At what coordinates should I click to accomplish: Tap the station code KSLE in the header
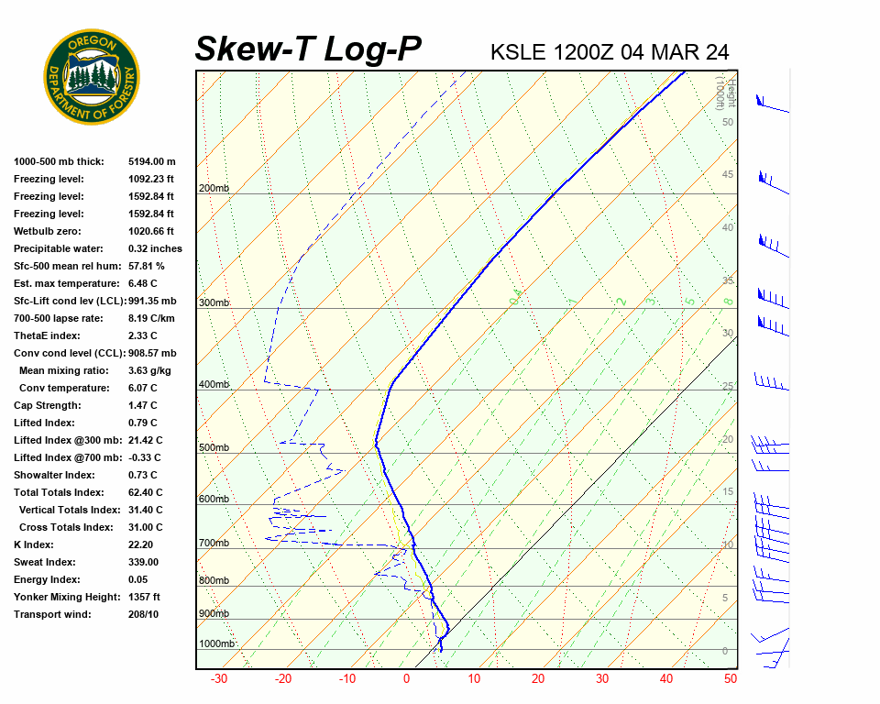pyautogui.click(x=519, y=51)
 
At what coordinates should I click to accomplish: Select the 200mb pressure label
pyautogui.click(x=213, y=189)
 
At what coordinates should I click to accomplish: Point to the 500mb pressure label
pyautogui.click(x=213, y=447)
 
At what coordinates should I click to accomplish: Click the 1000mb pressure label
pyautogui.click(x=216, y=643)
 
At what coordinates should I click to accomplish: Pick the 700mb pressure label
pyautogui.click(x=213, y=544)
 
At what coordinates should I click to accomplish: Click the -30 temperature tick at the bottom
pyautogui.click(x=219, y=679)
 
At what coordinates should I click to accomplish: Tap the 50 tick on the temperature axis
pyautogui.click(x=730, y=679)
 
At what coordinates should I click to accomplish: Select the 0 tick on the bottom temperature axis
pyautogui.click(x=407, y=679)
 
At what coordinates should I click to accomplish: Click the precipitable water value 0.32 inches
pyautogui.click(x=155, y=248)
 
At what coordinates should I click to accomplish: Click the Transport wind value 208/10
pyautogui.click(x=144, y=614)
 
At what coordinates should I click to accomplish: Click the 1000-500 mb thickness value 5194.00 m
pyautogui.click(x=152, y=161)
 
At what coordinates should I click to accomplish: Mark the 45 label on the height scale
pyautogui.click(x=728, y=175)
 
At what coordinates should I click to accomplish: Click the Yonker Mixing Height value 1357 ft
pyautogui.click(x=144, y=597)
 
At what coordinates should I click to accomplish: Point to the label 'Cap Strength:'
pyautogui.click(x=47, y=405)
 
